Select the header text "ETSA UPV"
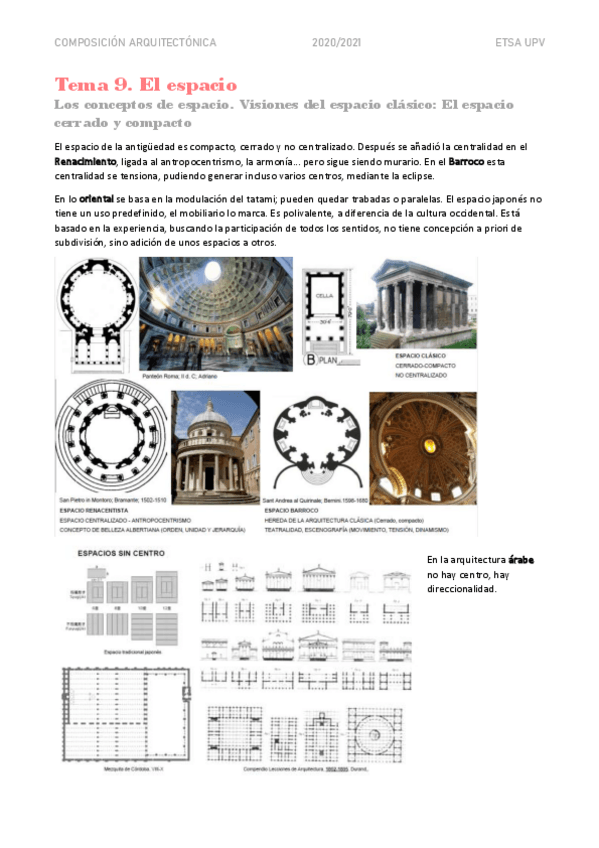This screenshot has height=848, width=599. pos(520,42)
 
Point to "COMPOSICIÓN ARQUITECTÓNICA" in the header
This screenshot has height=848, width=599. pos(134,42)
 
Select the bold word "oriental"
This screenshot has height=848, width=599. pos(96,198)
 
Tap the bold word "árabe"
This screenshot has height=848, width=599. pos(520,560)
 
